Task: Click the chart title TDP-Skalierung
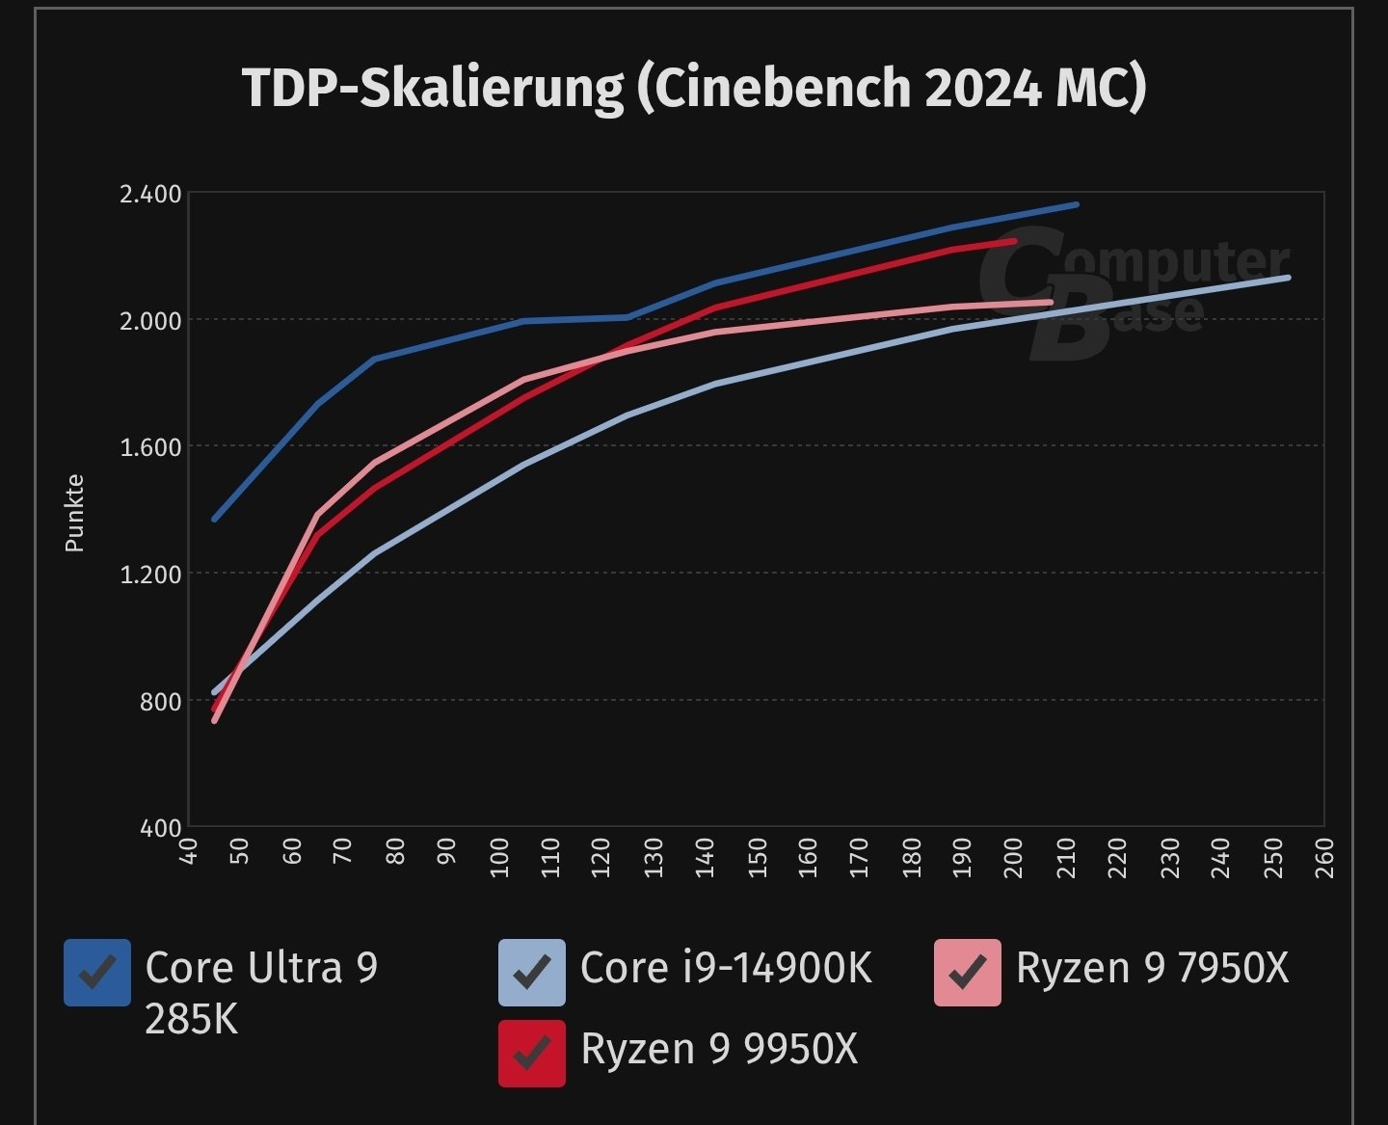[694, 88]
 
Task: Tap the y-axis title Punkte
[74, 514]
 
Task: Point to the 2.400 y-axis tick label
[149, 194]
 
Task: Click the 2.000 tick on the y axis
[149, 321]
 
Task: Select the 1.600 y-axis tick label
[149, 447]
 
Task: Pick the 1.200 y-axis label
[149, 575]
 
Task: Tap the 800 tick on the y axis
[160, 702]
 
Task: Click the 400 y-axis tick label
[160, 828]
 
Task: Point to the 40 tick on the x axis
[189, 852]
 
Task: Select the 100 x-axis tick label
[498, 857]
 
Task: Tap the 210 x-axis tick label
[1066, 857]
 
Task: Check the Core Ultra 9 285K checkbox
[97, 973]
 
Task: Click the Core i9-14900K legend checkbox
[532, 973]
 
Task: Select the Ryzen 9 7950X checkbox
[967, 973]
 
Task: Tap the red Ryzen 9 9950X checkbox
[532, 1054]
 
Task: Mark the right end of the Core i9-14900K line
[1288, 278]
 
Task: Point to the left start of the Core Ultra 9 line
[214, 520]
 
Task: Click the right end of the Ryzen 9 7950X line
[1050, 303]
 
